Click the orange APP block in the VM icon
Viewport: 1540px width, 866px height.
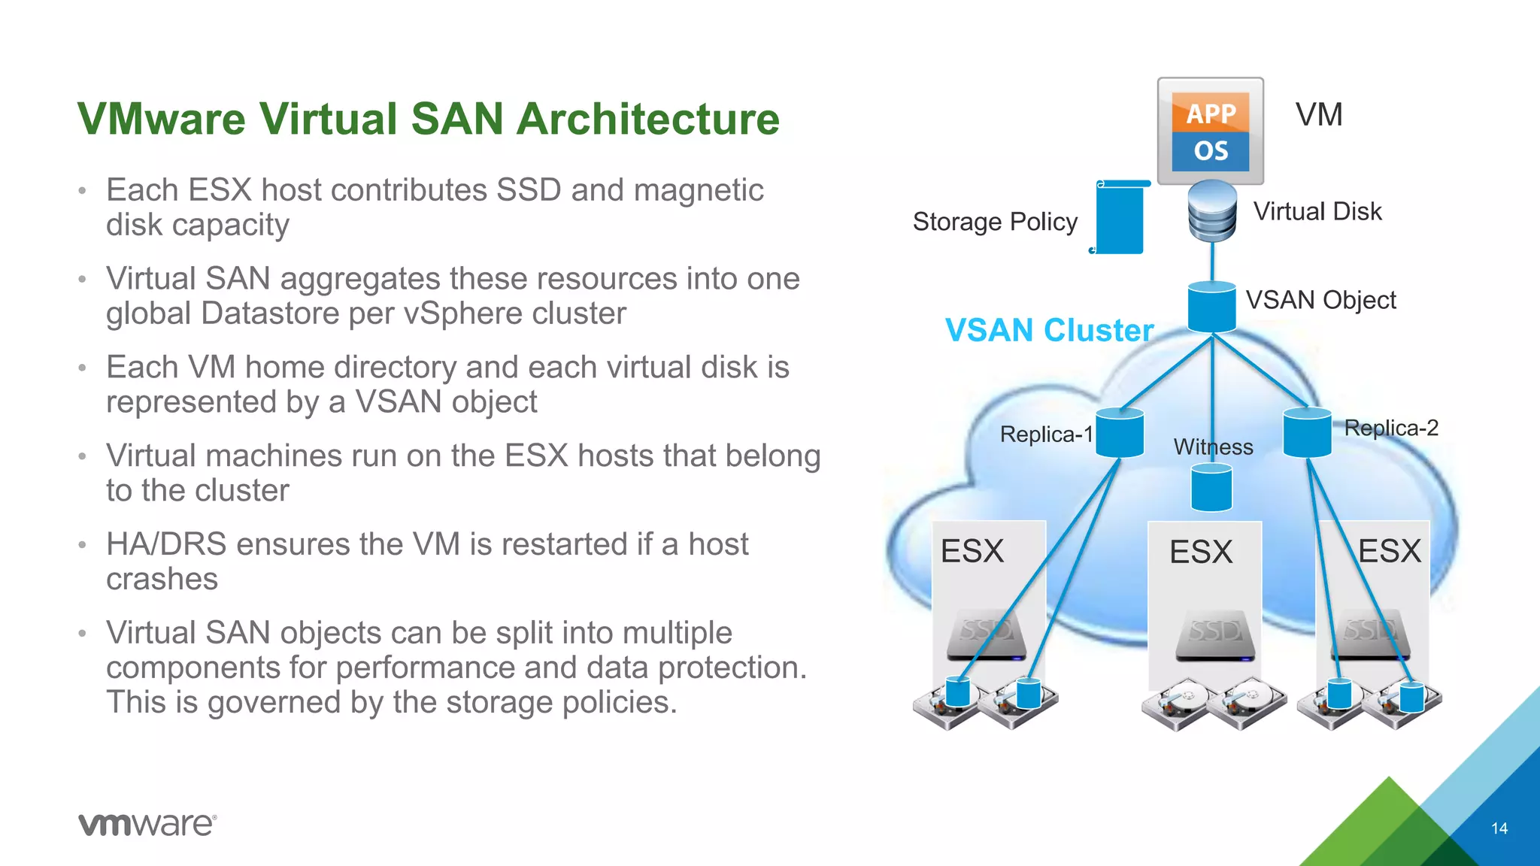click(x=1211, y=113)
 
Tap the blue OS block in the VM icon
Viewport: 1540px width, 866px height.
click(x=1211, y=151)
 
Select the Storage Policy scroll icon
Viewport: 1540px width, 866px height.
click(x=1120, y=217)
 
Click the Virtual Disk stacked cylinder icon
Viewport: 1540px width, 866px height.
click(x=1212, y=211)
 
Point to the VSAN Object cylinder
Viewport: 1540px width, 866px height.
click(x=1211, y=307)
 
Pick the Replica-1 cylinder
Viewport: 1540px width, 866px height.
click(x=1120, y=433)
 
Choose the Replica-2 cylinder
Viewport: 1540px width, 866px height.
click(x=1307, y=432)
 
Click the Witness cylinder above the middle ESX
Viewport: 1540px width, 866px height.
click(x=1211, y=488)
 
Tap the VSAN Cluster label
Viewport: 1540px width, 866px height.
click(x=1049, y=330)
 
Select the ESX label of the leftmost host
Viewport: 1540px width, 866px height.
click(x=972, y=551)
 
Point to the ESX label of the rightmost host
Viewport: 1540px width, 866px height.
click(x=1389, y=551)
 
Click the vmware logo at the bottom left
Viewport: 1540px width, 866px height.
click(x=147, y=824)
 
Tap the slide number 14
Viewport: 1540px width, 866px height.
click(x=1499, y=828)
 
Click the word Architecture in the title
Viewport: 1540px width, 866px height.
click(x=649, y=119)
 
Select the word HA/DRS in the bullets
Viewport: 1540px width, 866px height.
click(x=166, y=544)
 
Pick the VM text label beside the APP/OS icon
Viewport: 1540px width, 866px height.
click(x=1318, y=115)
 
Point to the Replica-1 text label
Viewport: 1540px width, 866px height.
click(x=1045, y=435)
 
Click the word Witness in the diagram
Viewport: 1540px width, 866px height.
click(x=1213, y=447)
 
